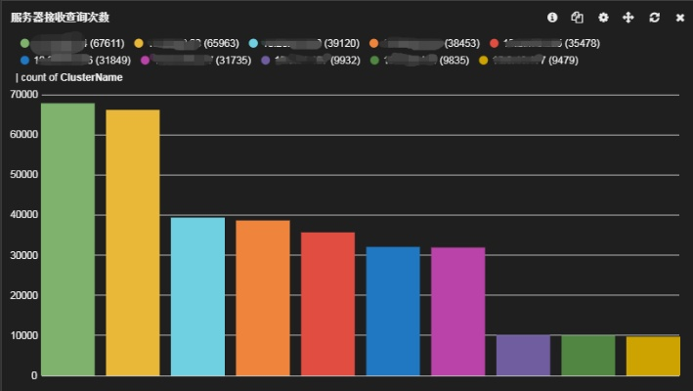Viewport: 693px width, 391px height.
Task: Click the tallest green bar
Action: click(x=67, y=239)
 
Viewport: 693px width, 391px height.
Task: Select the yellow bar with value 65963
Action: click(x=133, y=242)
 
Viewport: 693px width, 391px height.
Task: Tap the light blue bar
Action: click(x=197, y=296)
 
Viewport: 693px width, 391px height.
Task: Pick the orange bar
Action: click(x=263, y=298)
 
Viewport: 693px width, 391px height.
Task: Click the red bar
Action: click(x=327, y=304)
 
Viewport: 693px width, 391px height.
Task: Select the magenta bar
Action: click(x=457, y=311)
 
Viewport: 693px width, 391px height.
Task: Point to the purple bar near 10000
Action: click(x=523, y=355)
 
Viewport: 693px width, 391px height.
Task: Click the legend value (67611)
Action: click(x=106, y=43)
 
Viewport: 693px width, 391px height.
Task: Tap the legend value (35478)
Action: click(x=580, y=43)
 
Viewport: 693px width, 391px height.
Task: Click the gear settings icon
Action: click(x=603, y=18)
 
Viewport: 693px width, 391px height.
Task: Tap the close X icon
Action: click(x=679, y=18)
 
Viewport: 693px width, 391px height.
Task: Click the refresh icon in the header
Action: click(x=654, y=18)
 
